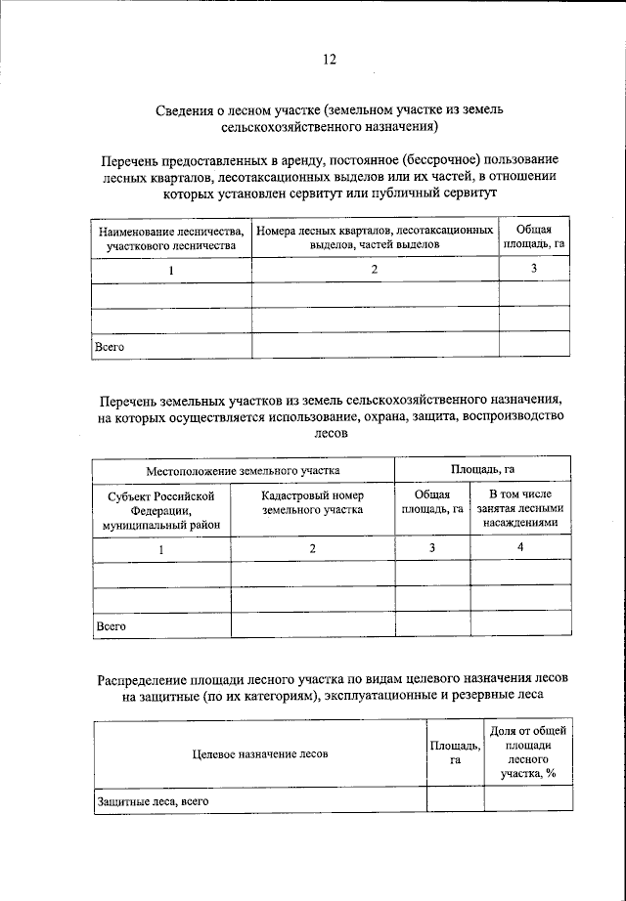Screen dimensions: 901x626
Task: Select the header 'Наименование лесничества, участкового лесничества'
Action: click(172, 238)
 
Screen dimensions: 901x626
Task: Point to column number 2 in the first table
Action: click(376, 271)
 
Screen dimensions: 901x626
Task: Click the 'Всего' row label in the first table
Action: click(110, 346)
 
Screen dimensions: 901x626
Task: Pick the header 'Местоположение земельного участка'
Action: click(244, 470)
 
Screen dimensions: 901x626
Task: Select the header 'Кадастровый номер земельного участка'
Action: click(313, 503)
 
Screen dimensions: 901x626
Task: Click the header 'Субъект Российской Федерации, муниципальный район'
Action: click(161, 511)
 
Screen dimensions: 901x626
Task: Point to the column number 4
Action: click(520, 549)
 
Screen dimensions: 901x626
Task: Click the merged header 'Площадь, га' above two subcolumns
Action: click(482, 469)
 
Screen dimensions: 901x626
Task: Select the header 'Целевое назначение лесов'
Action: click(260, 753)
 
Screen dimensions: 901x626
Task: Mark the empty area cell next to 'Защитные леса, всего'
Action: click(455, 800)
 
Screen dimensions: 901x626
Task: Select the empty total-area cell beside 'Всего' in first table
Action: click(534, 346)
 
